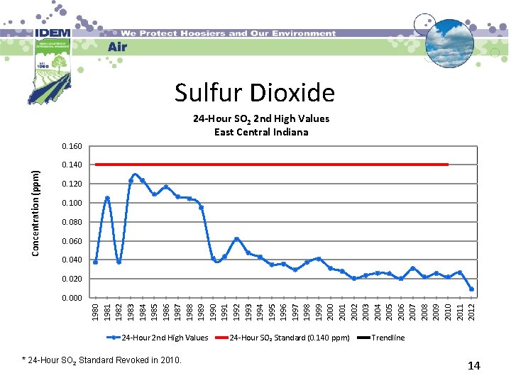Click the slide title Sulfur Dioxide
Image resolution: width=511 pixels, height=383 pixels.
[255, 93]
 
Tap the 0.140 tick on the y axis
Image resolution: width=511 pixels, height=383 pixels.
[72, 165]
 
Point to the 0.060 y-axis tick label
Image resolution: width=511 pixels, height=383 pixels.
[72, 242]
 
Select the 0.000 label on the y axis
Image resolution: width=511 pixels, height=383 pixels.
[72, 299]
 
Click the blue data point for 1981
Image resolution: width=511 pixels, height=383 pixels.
[107, 198]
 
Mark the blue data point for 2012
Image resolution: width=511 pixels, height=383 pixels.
[471, 289]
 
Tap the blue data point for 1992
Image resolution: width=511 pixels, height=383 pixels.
[236, 239]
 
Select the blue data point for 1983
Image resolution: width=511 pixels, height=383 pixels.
[131, 181]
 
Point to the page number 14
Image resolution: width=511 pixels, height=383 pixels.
[474, 366]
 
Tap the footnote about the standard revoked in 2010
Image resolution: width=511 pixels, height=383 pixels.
[102, 360]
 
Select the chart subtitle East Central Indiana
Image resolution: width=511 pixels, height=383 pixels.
[261, 132]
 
